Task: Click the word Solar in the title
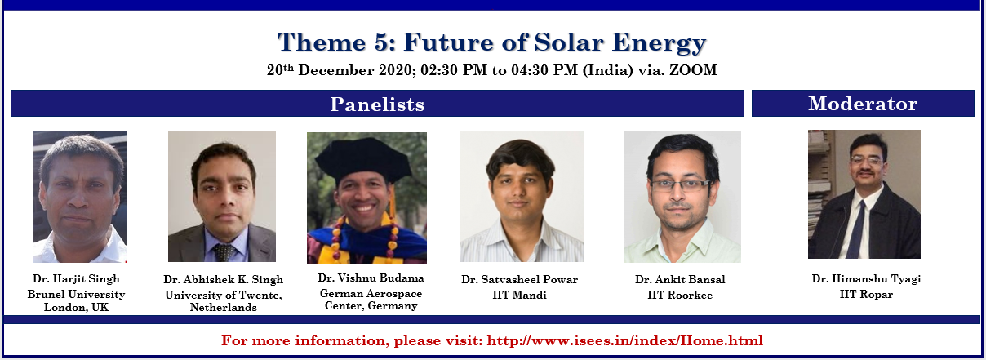click(x=569, y=42)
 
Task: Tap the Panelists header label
click(x=377, y=104)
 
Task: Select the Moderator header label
click(x=863, y=104)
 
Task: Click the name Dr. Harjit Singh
click(x=76, y=278)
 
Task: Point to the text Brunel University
click(x=76, y=294)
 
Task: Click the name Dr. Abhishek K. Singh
click(x=223, y=279)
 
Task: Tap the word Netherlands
click(x=223, y=307)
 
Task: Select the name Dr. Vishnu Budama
click(x=371, y=278)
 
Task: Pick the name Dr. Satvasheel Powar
click(x=519, y=279)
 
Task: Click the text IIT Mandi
click(x=519, y=295)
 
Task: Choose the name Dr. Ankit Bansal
click(x=680, y=279)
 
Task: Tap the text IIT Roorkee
click(x=680, y=295)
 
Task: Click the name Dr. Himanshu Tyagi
click(x=866, y=278)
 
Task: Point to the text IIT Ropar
click(x=866, y=294)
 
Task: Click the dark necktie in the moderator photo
click(x=856, y=231)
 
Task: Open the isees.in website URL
click(x=624, y=340)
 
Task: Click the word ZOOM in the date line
click(x=693, y=70)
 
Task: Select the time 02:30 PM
click(x=454, y=70)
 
